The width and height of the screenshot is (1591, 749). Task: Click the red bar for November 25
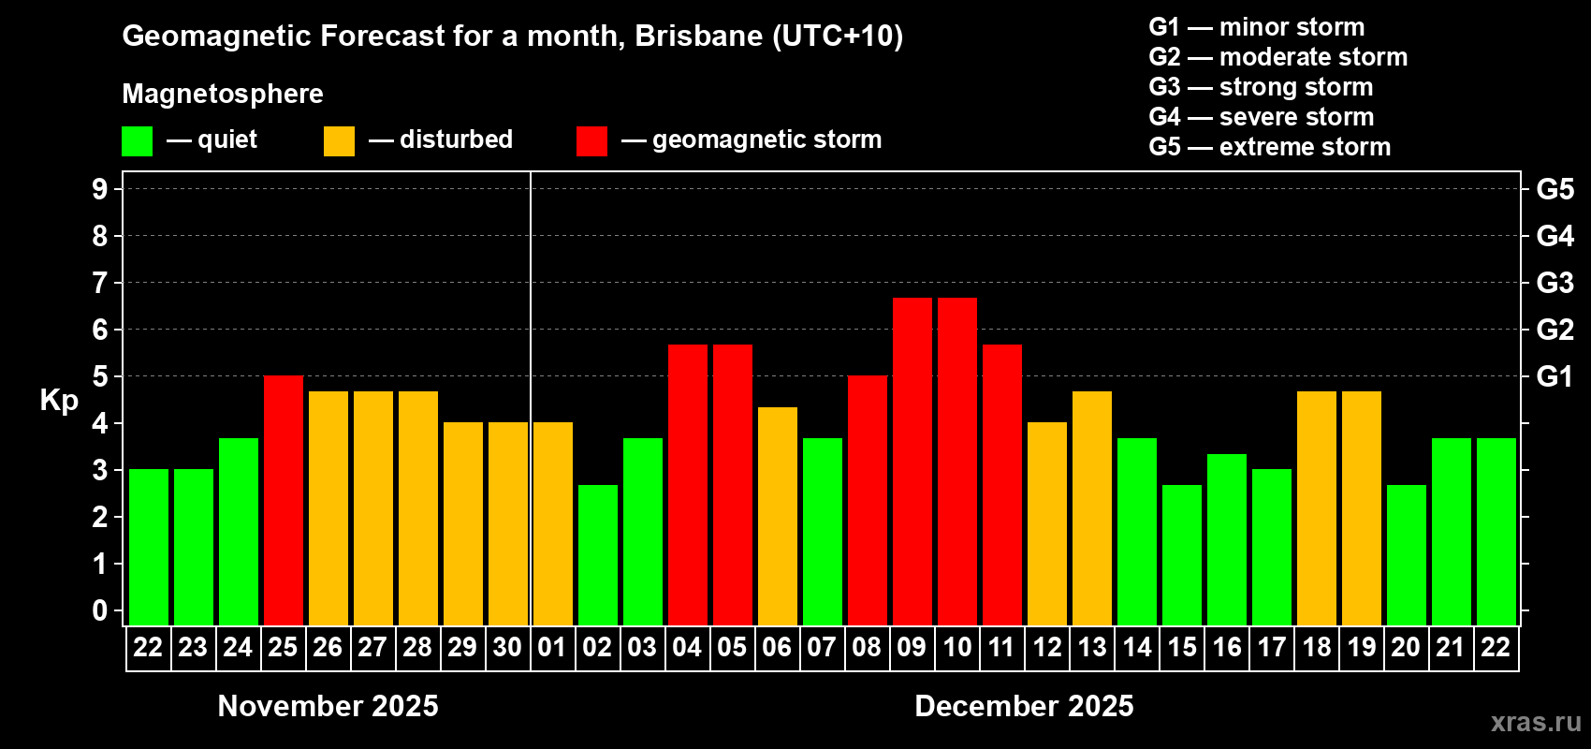click(284, 500)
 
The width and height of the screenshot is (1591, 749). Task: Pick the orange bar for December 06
click(778, 516)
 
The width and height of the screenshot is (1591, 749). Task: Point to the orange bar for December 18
click(1317, 507)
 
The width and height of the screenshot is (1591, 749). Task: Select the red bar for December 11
click(1002, 484)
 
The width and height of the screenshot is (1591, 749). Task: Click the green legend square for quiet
click(138, 141)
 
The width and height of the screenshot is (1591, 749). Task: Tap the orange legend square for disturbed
click(339, 141)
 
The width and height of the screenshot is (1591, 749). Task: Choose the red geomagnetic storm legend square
click(591, 141)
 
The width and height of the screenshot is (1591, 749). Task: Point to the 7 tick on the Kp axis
click(100, 283)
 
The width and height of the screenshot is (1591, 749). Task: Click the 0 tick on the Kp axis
click(100, 611)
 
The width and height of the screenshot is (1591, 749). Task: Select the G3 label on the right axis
click(1555, 283)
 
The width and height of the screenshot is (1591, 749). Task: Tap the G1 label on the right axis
click(1555, 376)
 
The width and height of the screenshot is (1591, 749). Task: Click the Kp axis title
click(59, 401)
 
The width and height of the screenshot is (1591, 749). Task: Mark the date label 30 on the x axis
click(507, 648)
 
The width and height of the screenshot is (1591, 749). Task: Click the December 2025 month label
click(1024, 706)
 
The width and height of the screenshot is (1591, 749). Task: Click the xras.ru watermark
click(1536, 722)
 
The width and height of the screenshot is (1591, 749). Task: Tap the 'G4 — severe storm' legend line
click(1262, 117)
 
